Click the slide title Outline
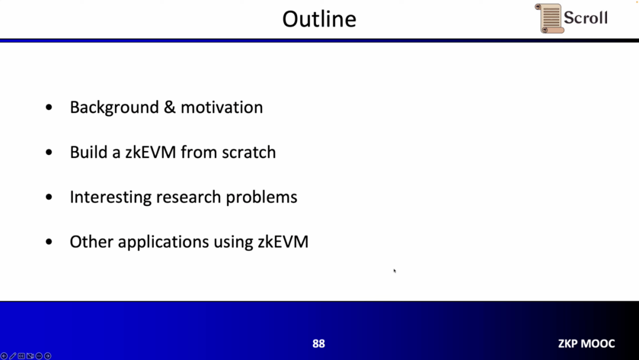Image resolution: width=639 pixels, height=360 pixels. click(319, 19)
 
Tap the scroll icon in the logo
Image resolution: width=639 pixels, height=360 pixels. click(549, 18)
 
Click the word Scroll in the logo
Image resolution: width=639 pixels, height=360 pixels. click(586, 18)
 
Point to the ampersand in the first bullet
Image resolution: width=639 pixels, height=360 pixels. click(170, 107)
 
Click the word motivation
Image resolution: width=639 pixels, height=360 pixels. click(222, 107)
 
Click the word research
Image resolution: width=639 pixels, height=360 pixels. click(189, 197)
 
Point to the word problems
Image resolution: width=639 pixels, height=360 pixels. click(262, 198)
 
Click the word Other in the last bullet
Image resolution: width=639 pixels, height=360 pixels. click(91, 242)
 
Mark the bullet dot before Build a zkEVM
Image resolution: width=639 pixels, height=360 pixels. click(49, 153)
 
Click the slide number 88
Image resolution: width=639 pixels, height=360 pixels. click(319, 343)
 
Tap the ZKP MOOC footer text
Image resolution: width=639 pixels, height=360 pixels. click(586, 343)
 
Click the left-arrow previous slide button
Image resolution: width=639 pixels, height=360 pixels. click(4, 356)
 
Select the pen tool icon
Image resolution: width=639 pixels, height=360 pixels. click(12, 356)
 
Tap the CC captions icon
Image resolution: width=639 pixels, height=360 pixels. click(21, 356)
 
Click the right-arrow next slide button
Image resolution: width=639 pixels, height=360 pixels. click(48, 356)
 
